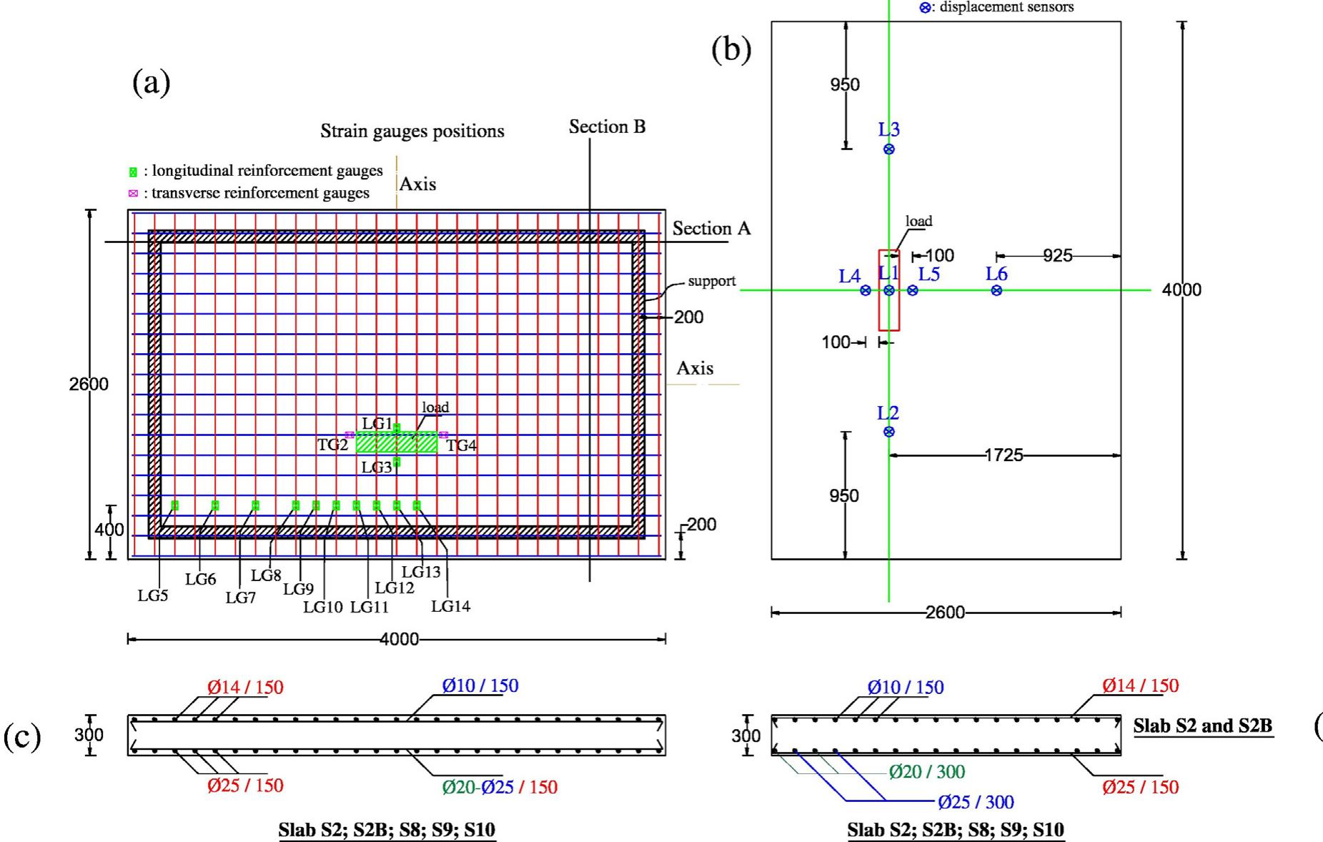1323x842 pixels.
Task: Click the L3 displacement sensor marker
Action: tap(888, 149)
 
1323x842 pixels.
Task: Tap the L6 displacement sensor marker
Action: tap(996, 290)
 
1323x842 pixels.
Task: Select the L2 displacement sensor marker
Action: tap(888, 432)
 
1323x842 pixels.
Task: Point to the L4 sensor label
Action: tap(849, 276)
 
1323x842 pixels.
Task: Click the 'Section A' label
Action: tap(711, 229)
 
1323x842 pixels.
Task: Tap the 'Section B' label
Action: tap(608, 127)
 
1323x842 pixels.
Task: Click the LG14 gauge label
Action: tap(451, 607)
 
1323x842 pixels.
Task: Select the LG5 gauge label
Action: tap(153, 596)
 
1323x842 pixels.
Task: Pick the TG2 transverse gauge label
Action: tap(332, 445)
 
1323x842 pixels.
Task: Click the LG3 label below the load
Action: tap(377, 467)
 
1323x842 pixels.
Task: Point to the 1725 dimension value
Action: tap(1004, 455)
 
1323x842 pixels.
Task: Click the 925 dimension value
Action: tap(1057, 256)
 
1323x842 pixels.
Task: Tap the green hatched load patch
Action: tap(397, 442)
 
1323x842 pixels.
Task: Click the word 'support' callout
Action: tap(712, 281)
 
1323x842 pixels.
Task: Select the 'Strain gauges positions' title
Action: tap(412, 131)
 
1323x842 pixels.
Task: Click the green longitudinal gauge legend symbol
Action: tap(133, 172)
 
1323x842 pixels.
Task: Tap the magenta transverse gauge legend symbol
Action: tap(133, 193)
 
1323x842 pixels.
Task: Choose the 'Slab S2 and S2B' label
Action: tap(1203, 726)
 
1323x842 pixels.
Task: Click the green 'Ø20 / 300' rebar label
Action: tap(927, 772)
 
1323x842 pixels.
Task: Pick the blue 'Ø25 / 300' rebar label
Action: tap(976, 802)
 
